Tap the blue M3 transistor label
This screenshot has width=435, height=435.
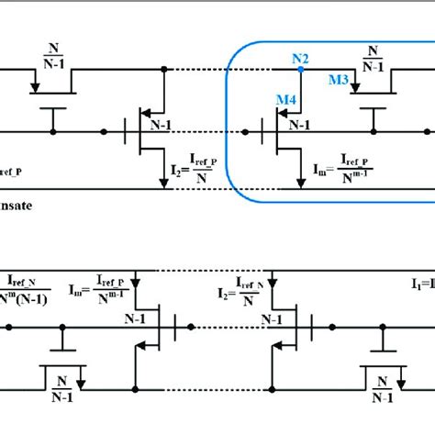click(x=339, y=81)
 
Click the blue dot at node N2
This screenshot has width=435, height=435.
click(x=299, y=69)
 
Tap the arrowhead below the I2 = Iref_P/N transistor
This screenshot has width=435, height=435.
click(x=163, y=185)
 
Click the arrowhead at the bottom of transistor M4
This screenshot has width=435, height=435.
click(x=300, y=185)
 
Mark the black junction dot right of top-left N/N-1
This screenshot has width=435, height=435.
click(x=163, y=69)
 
